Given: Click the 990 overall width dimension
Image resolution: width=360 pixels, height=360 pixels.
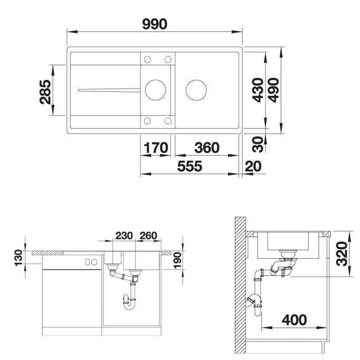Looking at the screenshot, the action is [x=154, y=24].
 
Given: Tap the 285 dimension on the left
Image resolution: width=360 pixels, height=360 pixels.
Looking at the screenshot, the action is [x=45, y=92].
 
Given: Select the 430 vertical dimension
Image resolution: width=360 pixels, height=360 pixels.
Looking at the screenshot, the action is [x=258, y=90].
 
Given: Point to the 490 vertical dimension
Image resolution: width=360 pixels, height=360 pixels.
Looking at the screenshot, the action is [x=273, y=90].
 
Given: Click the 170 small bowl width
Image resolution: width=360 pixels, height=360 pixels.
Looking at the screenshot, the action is [x=156, y=148].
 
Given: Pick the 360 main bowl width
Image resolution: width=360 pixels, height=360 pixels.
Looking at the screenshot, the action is [x=207, y=148].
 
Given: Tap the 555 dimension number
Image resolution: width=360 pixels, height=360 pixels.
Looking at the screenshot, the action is [x=190, y=166].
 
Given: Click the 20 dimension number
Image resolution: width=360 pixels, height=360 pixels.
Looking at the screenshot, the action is [x=253, y=166].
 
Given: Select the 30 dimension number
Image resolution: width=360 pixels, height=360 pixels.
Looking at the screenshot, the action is [x=257, y=144].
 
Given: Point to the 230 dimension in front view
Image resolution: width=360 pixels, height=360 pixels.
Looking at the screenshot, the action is [x=124, y=235].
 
